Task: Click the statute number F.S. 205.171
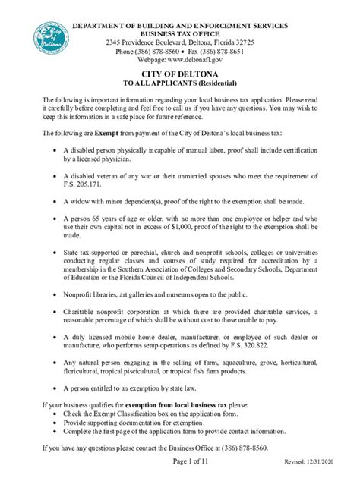click(x=96, y=184)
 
